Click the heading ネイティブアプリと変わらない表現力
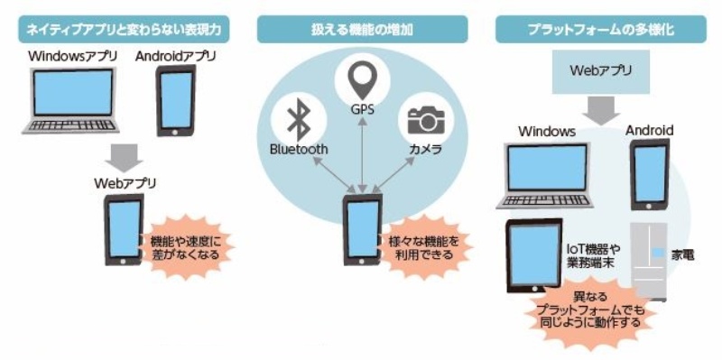point(124,30)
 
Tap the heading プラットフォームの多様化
point(600,30)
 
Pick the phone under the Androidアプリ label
point(176,97)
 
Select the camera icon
point(425,121)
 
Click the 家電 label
point(682,255)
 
